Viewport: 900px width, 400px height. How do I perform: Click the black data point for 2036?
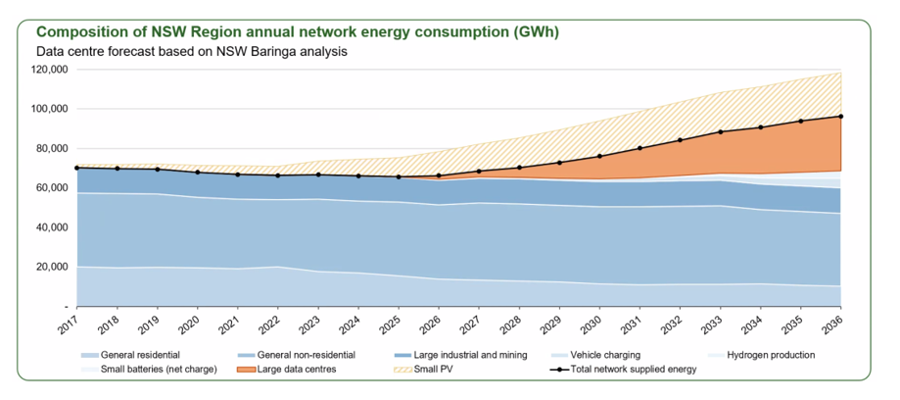pos(841,116)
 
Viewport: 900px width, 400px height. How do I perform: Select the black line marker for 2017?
pos(76,168)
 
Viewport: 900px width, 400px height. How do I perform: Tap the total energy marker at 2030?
pos(599,156)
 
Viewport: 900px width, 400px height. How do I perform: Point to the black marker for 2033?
pos(721,131)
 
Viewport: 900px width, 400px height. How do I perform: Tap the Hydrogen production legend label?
pos(771,355)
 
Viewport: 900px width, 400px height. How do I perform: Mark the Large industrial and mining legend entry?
pos(463,355)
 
